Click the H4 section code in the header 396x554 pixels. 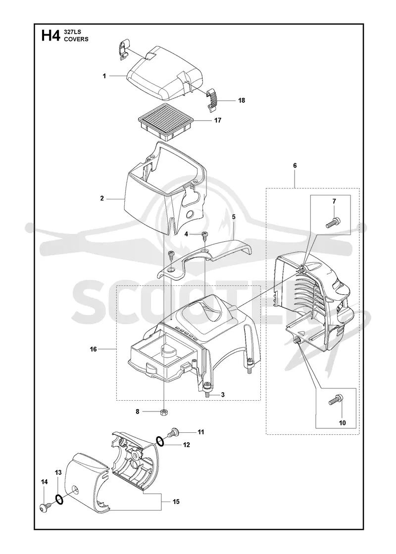tap(51, 36)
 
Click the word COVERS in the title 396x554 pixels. tap(76, 39)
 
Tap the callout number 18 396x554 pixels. tap(242, 100)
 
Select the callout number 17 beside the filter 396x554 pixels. tap(218, 120)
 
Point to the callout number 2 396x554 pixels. tap(102, 198)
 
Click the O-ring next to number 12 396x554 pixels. tap(160, 441)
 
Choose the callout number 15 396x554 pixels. tap(176, 502)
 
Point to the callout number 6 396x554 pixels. tap(295, 166)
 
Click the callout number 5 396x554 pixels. tap(234, 217)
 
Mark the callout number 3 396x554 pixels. tap(223, 395)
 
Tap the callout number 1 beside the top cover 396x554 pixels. tap(104, 76)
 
